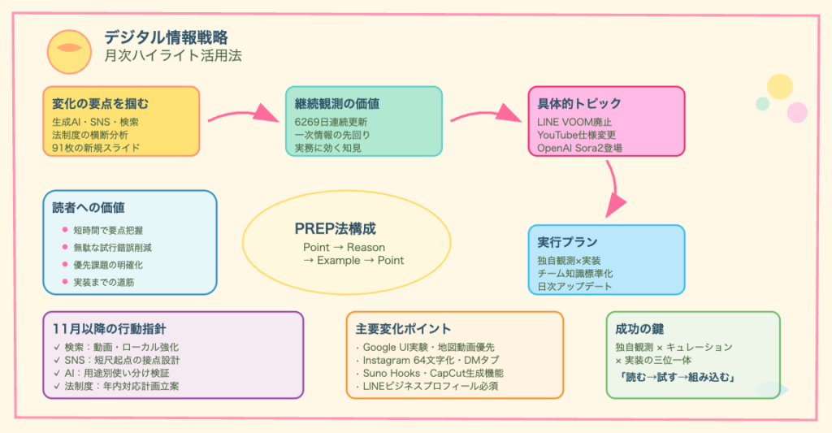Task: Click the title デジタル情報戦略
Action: pos(166,37)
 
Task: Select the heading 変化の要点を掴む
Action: pos(100,104)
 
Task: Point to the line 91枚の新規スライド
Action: pos(96,147)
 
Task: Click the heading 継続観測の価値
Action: pos(337,104)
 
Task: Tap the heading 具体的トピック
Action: pos(579,104)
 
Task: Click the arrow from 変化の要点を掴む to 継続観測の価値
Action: pos(242,115)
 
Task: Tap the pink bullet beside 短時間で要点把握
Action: pos(66,230)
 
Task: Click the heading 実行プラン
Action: pos(567,242)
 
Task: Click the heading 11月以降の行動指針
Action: pos(109,329)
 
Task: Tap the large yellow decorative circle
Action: pos(779,86)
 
